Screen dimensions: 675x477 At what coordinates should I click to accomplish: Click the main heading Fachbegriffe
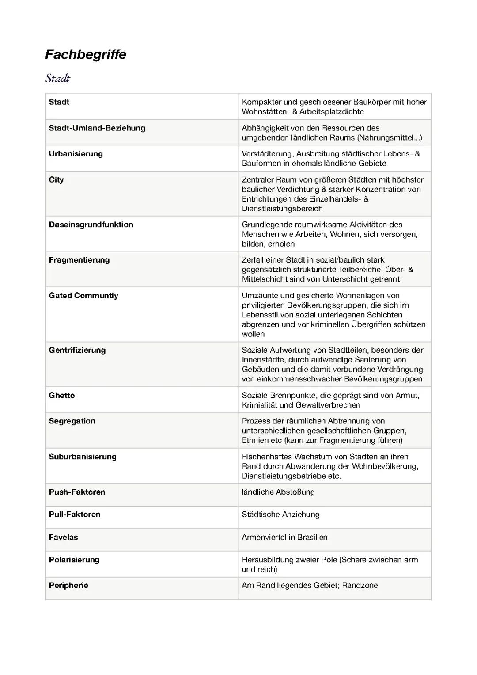[x=86, y=55]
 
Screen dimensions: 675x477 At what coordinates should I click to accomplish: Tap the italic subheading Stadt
[x=57, y=79]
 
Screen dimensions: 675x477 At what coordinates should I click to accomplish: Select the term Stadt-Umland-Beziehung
[x=97, y=128]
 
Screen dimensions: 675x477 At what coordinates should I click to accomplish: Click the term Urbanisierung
[x=76, y=154]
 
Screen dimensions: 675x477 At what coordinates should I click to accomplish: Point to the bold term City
[x=56, y=180]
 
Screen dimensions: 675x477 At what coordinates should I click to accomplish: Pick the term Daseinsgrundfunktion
[x=91, y=225]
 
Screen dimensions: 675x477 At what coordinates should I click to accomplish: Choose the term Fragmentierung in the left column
[x=79, y=260]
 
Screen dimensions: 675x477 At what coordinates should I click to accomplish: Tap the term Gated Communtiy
[x=83, y=296]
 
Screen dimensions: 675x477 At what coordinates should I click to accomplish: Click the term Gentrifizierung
[x=77, y=350]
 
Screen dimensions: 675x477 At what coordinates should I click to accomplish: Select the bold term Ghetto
[x=62, y=395]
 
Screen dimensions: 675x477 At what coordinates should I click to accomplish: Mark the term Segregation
[x=72, y=421]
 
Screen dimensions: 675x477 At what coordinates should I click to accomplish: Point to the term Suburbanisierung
[x=83, y=457]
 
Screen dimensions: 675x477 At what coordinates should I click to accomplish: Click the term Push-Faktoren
[x=77, y=492]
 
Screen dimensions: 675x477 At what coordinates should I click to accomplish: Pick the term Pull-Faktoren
[x=75, y=515]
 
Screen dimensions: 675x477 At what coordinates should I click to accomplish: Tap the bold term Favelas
[x=63, y=538]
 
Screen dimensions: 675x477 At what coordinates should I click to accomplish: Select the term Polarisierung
[x=74, y=560]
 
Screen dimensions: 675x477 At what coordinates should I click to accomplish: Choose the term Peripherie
[x=68, y=586]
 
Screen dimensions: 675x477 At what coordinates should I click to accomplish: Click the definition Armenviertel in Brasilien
[x=284, y=538]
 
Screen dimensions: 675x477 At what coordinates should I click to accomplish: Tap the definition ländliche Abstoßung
[x=278, y=492]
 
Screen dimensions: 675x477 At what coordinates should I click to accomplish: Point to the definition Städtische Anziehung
[x=280, y=515]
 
